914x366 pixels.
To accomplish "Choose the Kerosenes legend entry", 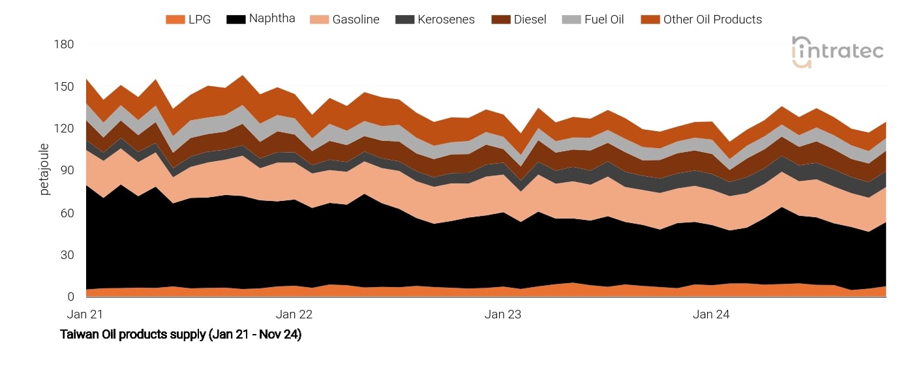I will tap(435, 20).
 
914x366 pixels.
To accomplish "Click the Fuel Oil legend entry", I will tap(592, 20).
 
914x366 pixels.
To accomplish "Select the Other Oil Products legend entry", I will tap(701, 20).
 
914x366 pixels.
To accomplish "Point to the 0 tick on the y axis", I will tap(71, 297).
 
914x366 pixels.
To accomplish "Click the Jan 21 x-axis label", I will tap(85, 314).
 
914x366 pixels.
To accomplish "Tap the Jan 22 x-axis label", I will tap(294, 314).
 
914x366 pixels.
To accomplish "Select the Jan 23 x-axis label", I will tap(503, 314).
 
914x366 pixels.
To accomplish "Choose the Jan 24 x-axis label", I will tap(711, 314).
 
